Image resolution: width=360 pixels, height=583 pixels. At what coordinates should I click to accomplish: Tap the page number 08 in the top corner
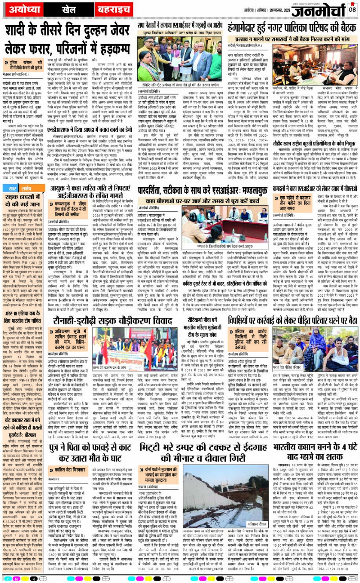352,8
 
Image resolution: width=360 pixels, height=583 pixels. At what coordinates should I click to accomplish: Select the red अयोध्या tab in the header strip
23,9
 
